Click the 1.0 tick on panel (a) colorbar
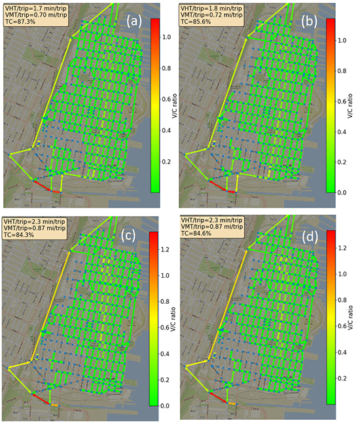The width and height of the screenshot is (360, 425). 167,37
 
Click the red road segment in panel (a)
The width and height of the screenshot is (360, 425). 44,186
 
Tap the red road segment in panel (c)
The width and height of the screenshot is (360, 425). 41,399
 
